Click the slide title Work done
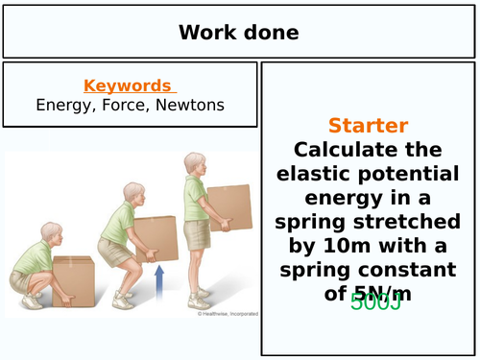point(238,33)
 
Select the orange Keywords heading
point(128,85)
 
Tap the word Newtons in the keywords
point(190,105)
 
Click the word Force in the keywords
point(123,105)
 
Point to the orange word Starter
point(368,126)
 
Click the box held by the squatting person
point(73,279)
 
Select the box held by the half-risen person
point(156,239)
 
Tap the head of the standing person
point(194,164)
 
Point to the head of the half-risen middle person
point(120,190)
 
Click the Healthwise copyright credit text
point(224,313)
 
